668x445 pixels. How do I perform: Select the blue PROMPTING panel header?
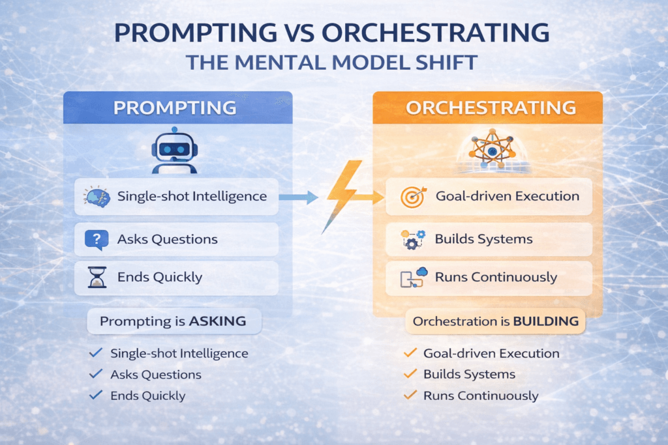pyautogui.click(x=177, y=108)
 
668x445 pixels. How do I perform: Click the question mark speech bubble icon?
pyautogui.click(x=96, y=239)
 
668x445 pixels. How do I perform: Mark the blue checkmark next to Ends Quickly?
pyautogui.click(x=95, y=395)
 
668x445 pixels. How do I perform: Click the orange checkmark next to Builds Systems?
pyautogui.click(x=410, y=374)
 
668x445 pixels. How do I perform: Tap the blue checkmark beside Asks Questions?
pyautogui.click(x=95, y=374)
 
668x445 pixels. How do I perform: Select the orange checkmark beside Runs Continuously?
pyautogui.click(x=410, y=395)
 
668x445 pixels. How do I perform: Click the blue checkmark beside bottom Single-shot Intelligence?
pyautogui.click(x=95, y=353)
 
